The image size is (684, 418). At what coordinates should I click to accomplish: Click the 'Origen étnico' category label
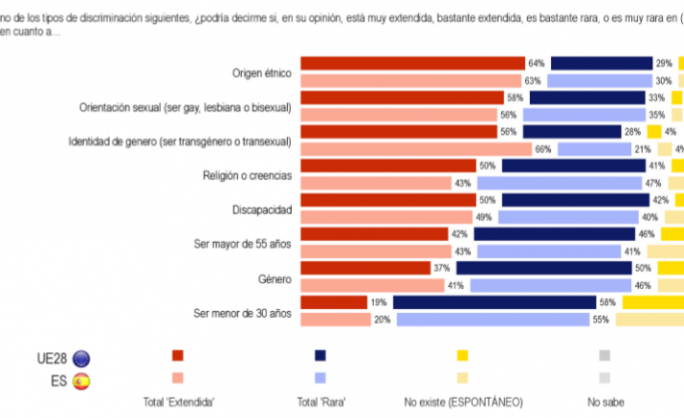click(262, 72)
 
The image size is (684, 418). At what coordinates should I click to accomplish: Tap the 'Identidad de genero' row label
click(180, 141)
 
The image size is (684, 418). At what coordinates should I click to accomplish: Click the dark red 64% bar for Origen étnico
click(412, 64)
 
